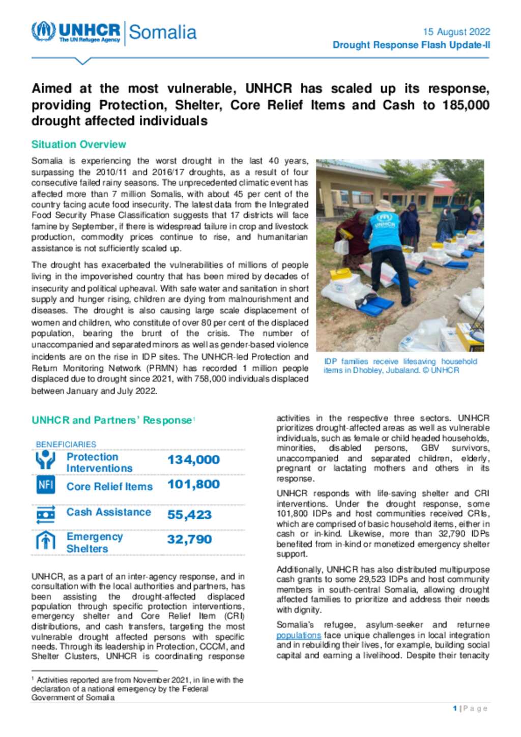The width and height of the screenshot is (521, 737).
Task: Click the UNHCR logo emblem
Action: [x=43, y=31]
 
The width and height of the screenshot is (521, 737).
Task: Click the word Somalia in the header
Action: [x=162, y=32]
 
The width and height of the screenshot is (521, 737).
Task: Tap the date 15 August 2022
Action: [x=456, y=32]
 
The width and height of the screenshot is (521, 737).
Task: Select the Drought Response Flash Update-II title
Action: [x=411, y=45]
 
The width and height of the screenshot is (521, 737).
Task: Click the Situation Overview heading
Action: [x=78, y=144]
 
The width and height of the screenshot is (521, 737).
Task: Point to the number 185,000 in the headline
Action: [x=466, y=105]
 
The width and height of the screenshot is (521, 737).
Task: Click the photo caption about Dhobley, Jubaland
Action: [x=400, y=366]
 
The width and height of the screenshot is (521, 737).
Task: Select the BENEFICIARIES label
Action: [x=66, y=444]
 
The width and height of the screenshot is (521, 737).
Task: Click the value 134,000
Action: [x=193, y=460]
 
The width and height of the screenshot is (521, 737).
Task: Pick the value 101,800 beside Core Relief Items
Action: [x=193, y=484]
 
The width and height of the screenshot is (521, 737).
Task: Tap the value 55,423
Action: [x=189, y=515]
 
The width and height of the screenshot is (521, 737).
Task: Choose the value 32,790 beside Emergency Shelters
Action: [x=189, y=539]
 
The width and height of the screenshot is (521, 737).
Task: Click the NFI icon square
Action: [x=46, y=485]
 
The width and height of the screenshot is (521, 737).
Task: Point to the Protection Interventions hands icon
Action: [x=46, y=460]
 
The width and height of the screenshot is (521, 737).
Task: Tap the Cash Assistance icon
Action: [x=46, y=515]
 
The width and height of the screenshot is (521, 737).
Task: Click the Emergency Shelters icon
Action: [x=46, y=541]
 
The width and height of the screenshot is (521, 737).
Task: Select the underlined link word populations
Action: [x=298, y=635]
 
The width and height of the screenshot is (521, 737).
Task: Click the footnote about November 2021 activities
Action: [x=137, y=688]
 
